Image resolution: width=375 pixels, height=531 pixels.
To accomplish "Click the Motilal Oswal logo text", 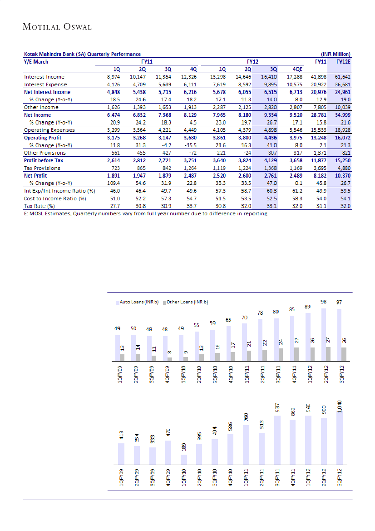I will point(57,27).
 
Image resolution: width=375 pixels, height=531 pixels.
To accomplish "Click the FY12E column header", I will point(342,62).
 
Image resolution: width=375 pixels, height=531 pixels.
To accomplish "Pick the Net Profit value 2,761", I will point(271,176).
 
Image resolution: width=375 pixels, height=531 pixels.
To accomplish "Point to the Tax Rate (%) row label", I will point(39,206).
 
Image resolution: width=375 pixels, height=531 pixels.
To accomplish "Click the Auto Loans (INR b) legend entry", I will point(138,302).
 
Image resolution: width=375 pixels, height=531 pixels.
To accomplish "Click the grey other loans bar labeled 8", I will point(169,359).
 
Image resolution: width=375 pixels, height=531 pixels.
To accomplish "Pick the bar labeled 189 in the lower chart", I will point(183,460).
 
